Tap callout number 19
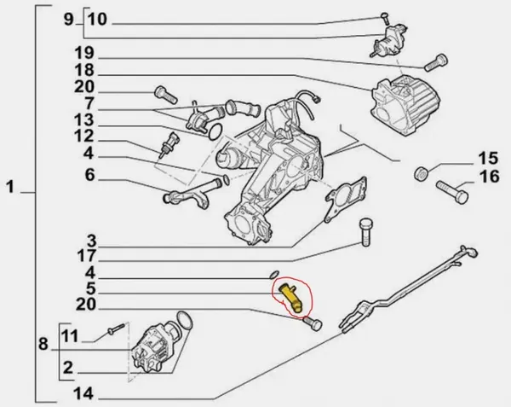[x=83, y=53]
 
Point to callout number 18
[x=83, y=71]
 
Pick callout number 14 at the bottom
[x=83, y=393]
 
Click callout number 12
[x=83, y=137]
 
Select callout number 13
[x=83, y=120]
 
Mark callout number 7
[x=89, y=102]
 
